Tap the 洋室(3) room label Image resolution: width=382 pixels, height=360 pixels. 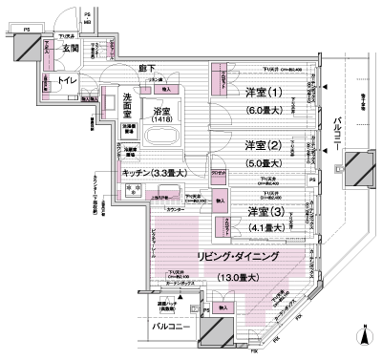click(265, 211)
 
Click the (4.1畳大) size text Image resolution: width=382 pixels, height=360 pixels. click(265, 227)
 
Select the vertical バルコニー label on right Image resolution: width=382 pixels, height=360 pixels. click(341, 135)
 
